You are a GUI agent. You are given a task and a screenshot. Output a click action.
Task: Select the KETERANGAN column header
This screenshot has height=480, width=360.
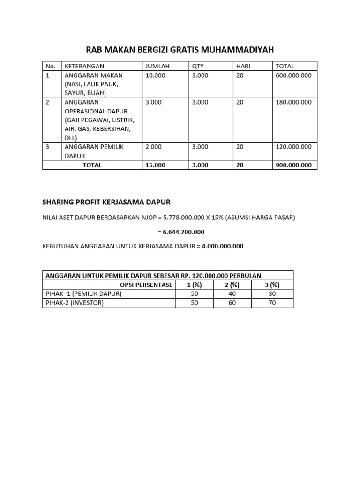(84, 66)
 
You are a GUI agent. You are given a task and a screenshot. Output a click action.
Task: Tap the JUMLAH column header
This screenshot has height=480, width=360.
(157, 66)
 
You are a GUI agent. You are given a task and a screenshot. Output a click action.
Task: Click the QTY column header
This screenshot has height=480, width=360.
(198, 66)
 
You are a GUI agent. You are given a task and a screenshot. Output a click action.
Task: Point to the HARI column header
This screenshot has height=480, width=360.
(243, 66)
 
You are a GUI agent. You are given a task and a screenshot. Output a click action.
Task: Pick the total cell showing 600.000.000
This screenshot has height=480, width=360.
(293, 75)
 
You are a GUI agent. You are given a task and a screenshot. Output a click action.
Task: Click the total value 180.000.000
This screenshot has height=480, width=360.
(293, 102)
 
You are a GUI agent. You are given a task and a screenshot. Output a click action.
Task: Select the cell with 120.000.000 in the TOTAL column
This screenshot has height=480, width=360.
(293, 147)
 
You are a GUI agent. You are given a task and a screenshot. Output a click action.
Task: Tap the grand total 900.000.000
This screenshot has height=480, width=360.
(293, 165)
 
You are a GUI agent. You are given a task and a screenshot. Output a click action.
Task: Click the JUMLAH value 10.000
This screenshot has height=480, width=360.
(156, 75)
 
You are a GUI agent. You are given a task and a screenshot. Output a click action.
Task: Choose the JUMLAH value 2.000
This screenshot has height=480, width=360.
(154, 147)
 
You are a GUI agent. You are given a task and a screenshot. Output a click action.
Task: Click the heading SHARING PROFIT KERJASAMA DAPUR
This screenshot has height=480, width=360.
(106, 202)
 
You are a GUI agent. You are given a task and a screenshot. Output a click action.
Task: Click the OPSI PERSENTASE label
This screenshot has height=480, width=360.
(146, 285)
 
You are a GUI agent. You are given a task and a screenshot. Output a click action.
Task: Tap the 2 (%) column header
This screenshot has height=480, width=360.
(232, 285)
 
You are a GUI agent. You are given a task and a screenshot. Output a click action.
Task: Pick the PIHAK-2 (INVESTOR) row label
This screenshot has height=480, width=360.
(75, 303)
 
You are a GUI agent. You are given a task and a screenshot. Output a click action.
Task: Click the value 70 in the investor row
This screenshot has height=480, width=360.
(272, 303)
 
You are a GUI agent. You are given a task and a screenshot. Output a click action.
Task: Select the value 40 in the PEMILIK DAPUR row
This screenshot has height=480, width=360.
(232, 294)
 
